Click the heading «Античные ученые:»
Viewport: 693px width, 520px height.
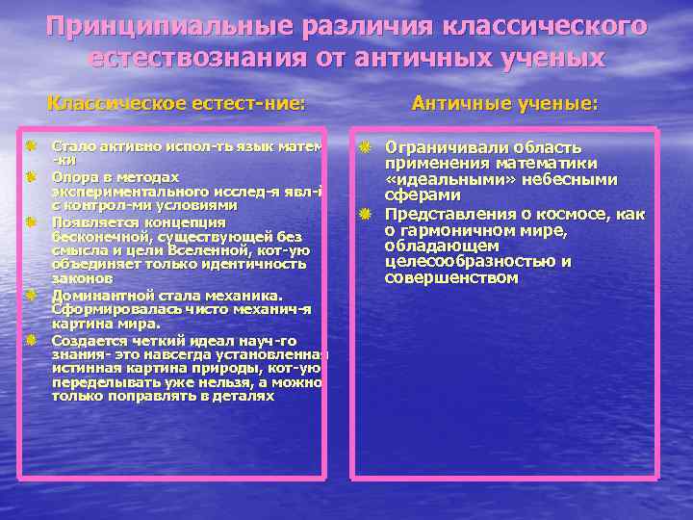tap(504, 102)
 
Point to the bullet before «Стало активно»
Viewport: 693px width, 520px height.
tap(31, 146)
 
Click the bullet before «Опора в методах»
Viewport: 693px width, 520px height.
tap(31, 177)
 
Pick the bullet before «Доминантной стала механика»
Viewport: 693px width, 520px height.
tap(31, 294)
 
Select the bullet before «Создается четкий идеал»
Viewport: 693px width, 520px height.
tap(31, 340)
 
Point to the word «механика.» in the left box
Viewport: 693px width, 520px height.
tap(244, 295)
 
